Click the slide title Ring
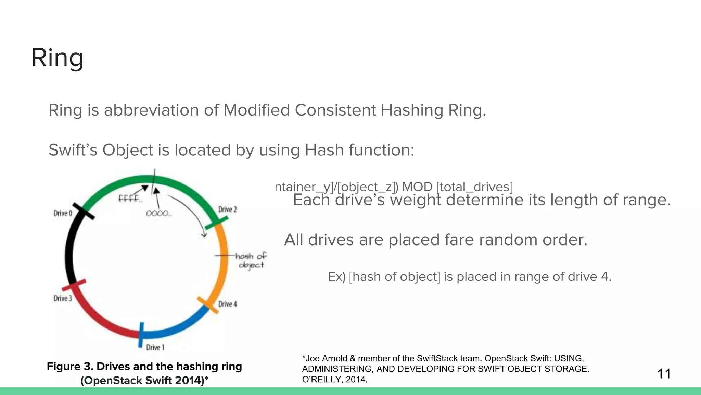[57, 58]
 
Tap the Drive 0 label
[63, 213]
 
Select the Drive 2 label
[228, 210]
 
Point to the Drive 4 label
[228, 304]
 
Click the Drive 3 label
[63, 299]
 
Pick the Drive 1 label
[155, 348]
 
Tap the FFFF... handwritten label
[129, 199]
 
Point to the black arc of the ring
[69, 254]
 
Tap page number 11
[664, 374]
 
